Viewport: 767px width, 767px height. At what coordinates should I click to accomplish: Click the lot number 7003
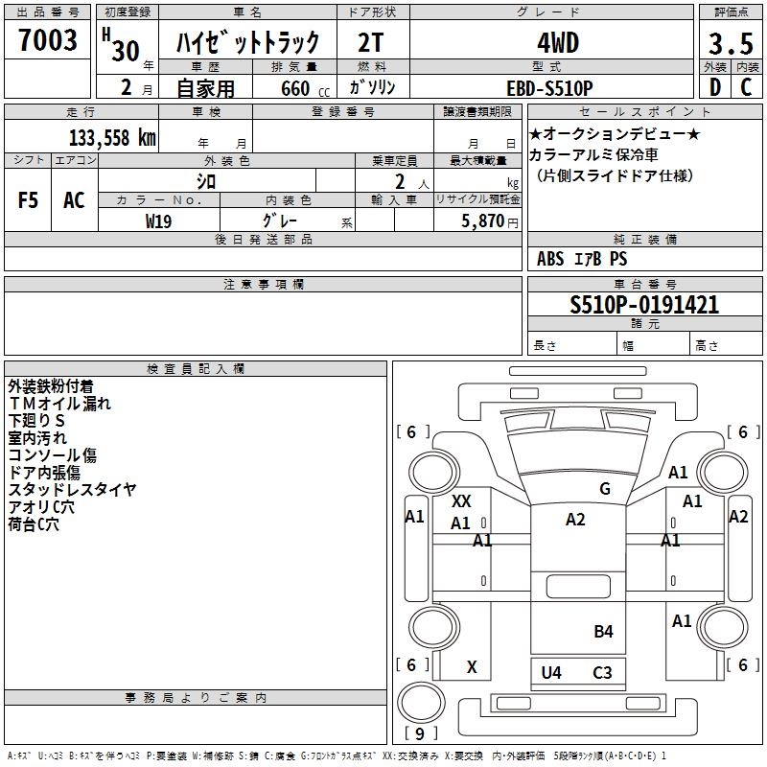(48, 41)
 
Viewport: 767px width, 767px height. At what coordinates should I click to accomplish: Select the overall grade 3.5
(730, 44)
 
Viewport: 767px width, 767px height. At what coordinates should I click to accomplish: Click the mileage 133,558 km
(112, 137)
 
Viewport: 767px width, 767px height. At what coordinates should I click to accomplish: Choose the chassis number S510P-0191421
(644, 305)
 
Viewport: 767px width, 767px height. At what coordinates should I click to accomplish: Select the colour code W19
(159, 221)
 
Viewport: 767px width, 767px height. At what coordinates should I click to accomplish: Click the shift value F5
(29, 200)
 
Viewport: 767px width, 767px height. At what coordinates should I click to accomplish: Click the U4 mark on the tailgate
(551, 672)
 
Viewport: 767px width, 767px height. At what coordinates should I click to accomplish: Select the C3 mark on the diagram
(602, 672)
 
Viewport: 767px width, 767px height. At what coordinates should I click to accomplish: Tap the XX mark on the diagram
(461, 501)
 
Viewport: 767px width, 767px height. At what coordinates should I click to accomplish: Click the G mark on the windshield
(605, 489)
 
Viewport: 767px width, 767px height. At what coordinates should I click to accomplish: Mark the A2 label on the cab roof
(575, 520)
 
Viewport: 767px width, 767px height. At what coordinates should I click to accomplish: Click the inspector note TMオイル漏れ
(59, 404)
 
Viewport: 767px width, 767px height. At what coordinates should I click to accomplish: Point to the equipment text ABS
(550, 258)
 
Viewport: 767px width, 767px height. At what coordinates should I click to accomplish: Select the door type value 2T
(373, 44)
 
